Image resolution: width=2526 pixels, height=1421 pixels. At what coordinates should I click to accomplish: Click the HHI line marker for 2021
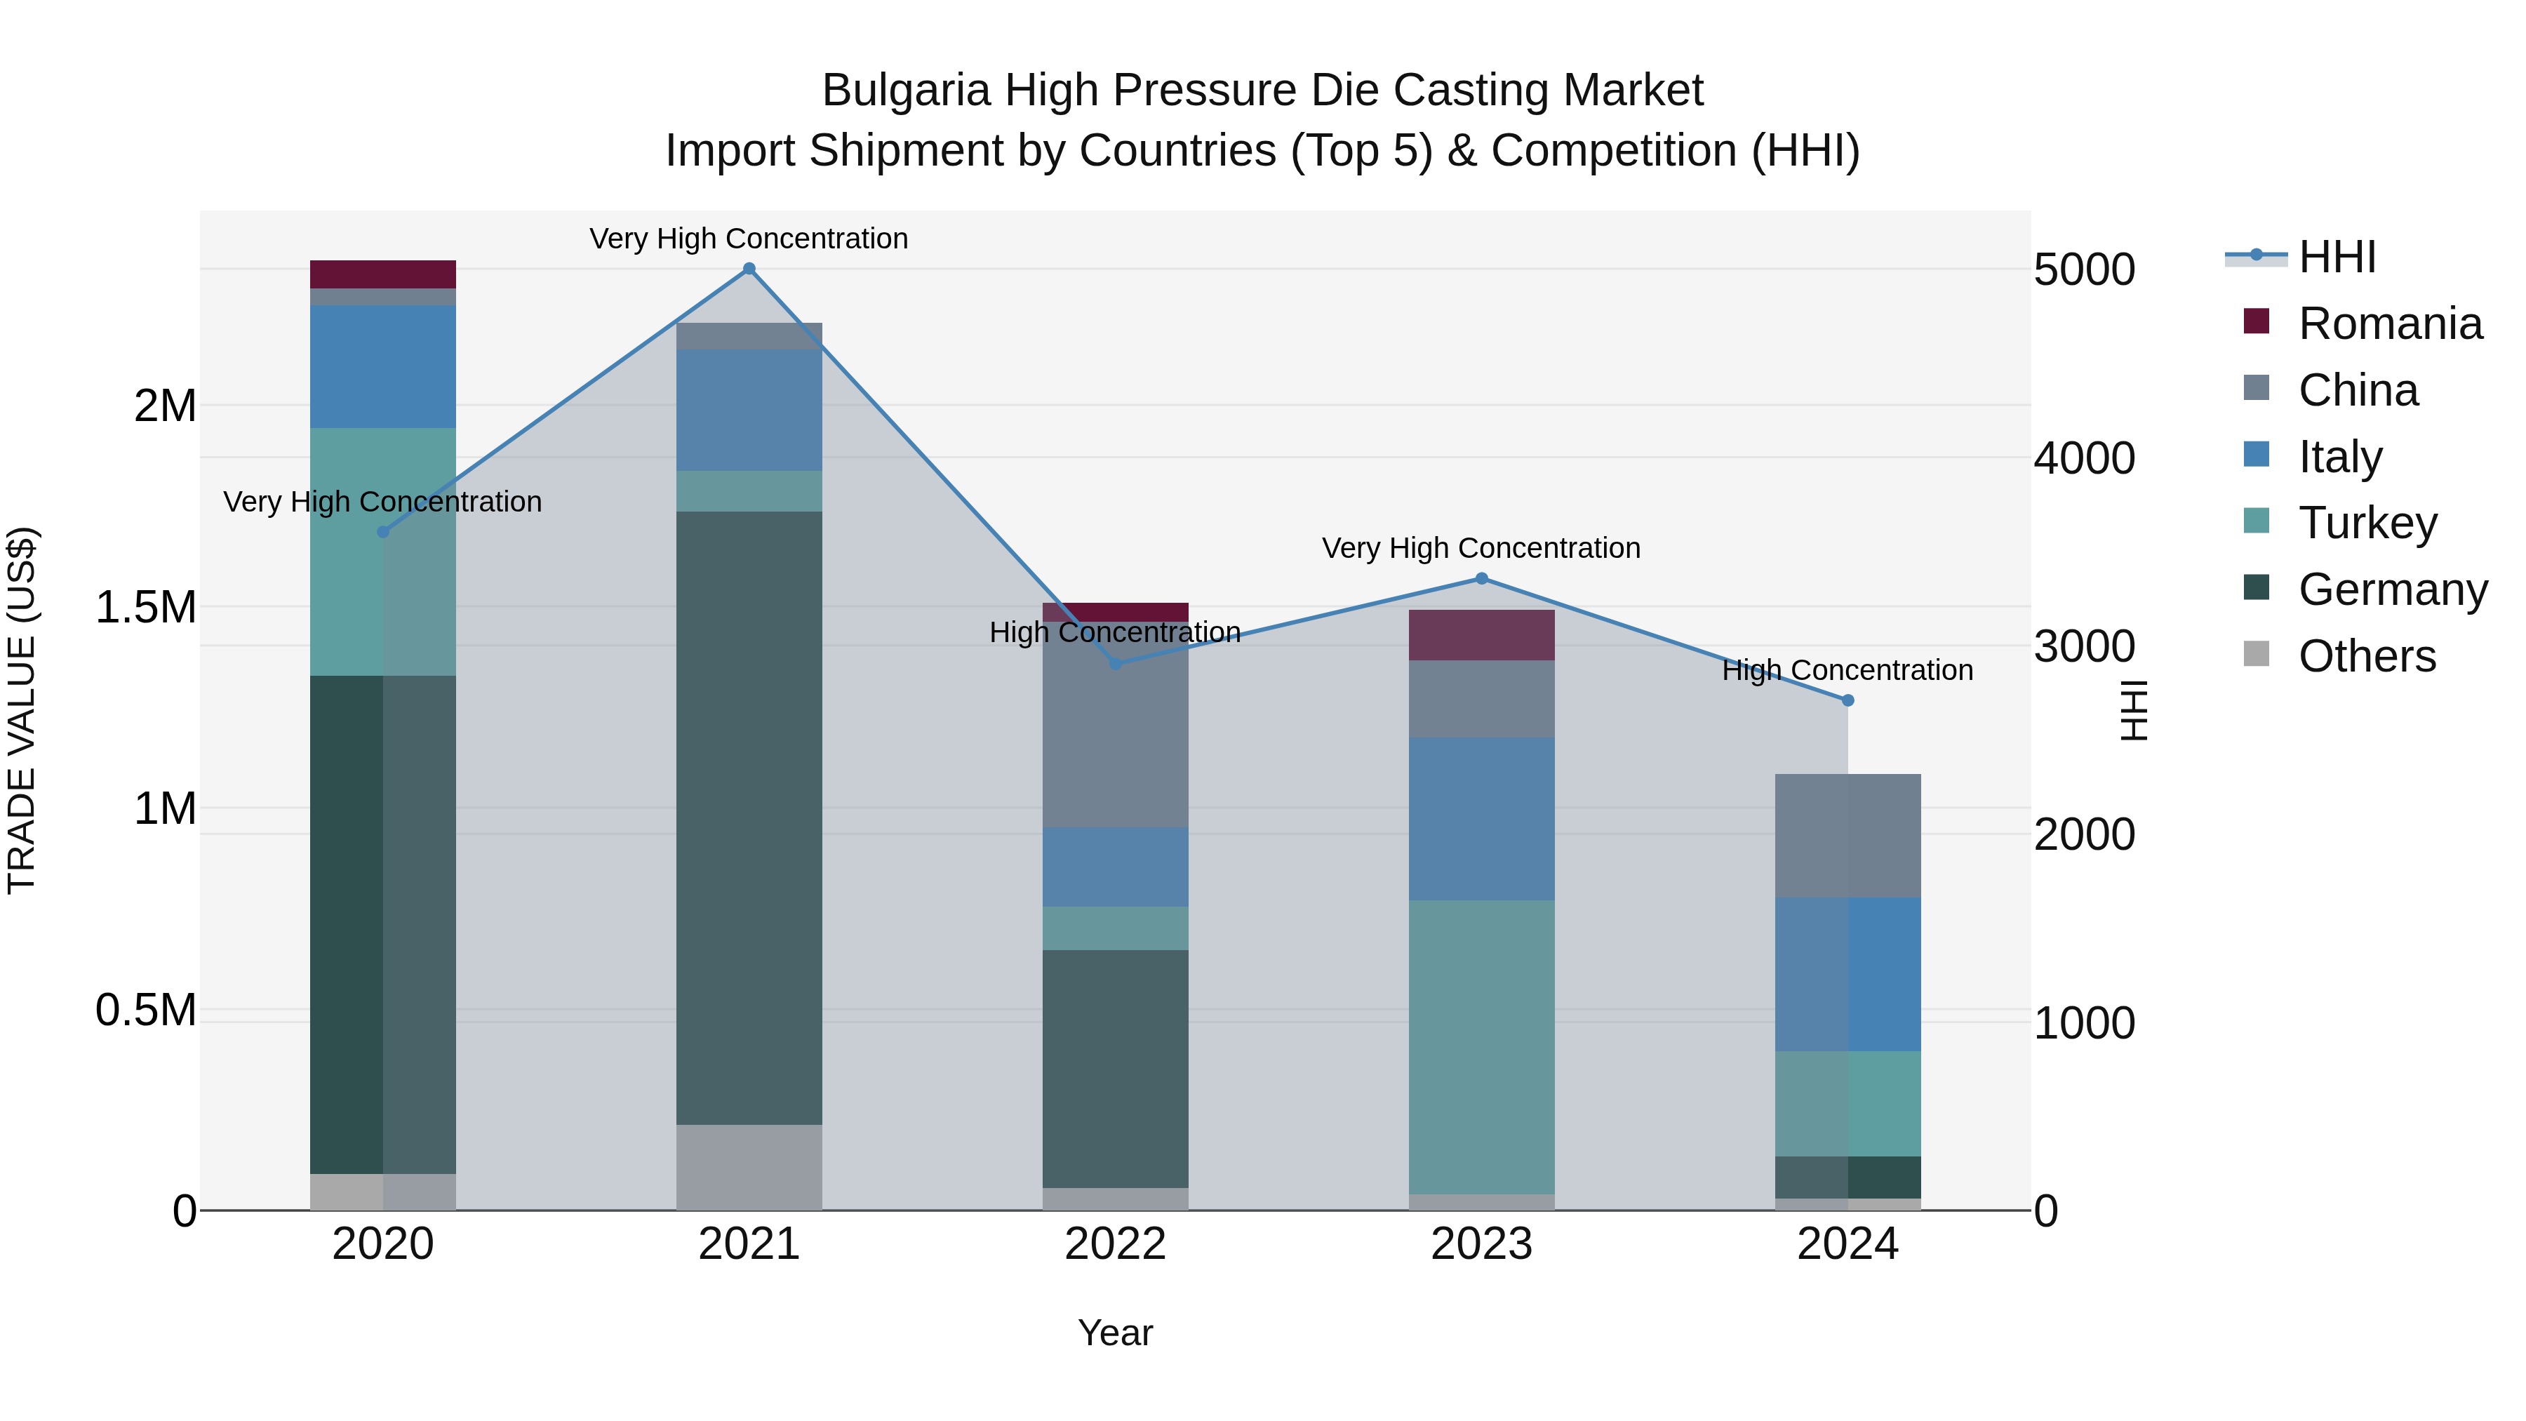[749, 269]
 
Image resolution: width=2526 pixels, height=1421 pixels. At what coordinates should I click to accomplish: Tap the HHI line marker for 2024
[1847, 700]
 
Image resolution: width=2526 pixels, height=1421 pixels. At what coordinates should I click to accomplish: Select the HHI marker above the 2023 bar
[1482, 579]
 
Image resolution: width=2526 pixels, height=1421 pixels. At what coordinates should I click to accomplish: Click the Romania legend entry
[2390, 323]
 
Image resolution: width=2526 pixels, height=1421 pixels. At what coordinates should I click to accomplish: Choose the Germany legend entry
[2393, 589]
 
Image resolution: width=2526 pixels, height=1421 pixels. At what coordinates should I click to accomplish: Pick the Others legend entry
[2366, 656]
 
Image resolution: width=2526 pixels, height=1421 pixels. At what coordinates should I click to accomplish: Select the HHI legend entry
[2337, 257]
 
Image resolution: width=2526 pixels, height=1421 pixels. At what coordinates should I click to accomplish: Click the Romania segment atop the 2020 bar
[382, 274]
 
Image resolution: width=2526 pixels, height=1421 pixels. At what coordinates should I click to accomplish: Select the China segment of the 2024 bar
[1847, 836]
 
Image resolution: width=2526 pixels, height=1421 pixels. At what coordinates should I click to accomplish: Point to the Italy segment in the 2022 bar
[1115, 867]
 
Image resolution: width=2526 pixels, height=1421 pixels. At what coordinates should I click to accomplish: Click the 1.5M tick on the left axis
[145, 608]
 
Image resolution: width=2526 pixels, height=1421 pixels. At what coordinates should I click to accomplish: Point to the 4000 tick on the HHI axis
[2085, 458]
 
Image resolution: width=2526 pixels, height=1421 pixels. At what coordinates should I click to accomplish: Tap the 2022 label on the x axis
[1115, 1244]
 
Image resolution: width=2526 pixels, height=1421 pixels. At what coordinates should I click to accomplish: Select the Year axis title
[1115, 1333]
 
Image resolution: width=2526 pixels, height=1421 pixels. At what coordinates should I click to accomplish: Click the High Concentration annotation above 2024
[1847, 671]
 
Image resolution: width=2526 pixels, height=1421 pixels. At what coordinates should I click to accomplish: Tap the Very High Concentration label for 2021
[749, 239]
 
